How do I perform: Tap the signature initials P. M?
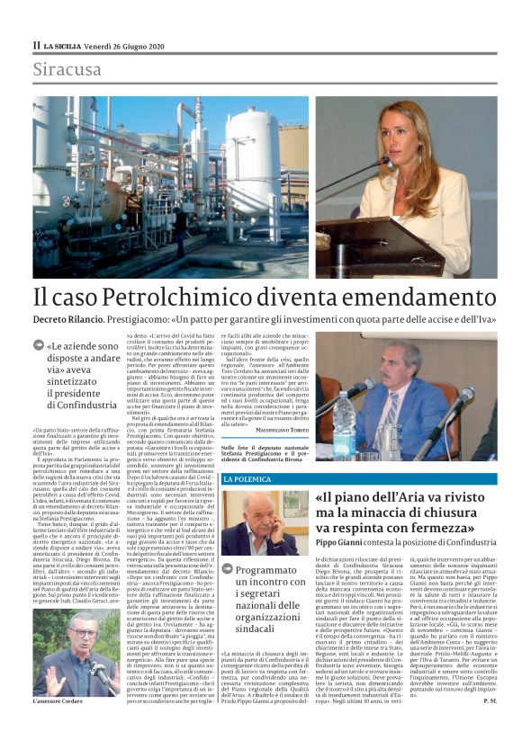coord(490,725)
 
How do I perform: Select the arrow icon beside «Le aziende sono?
coord(39,345)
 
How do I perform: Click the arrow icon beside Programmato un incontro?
coord(229,569)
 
